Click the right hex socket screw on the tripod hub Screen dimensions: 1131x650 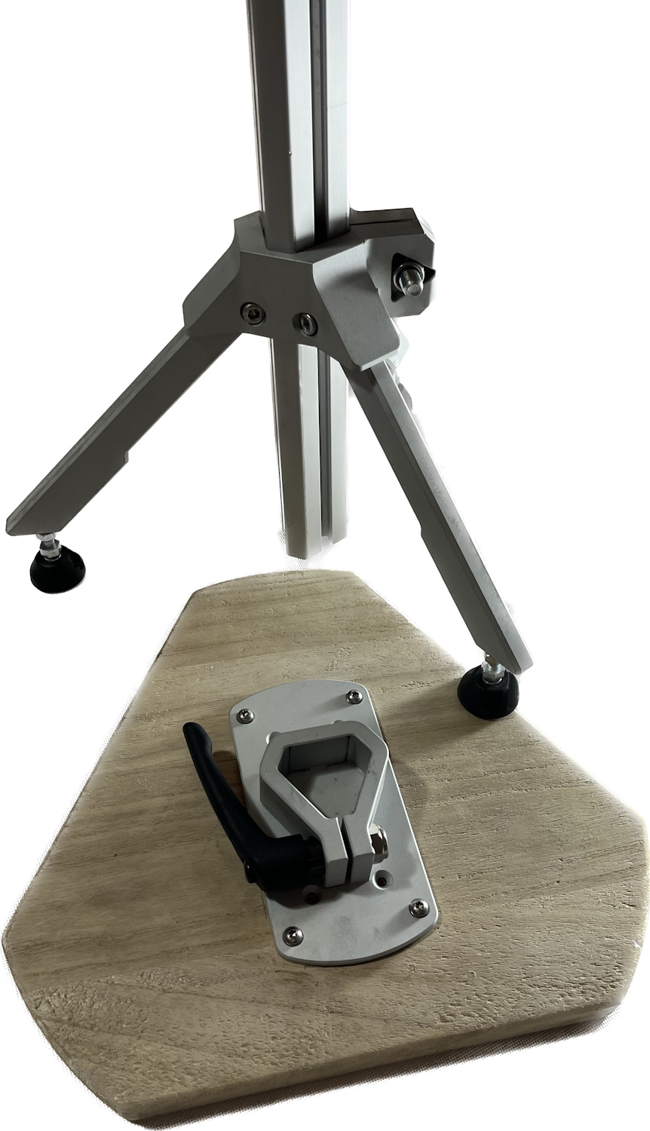pyautogui.click(x=306, y=323)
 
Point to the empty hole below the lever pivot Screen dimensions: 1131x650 pyautogui.click(x=311, y=897)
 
